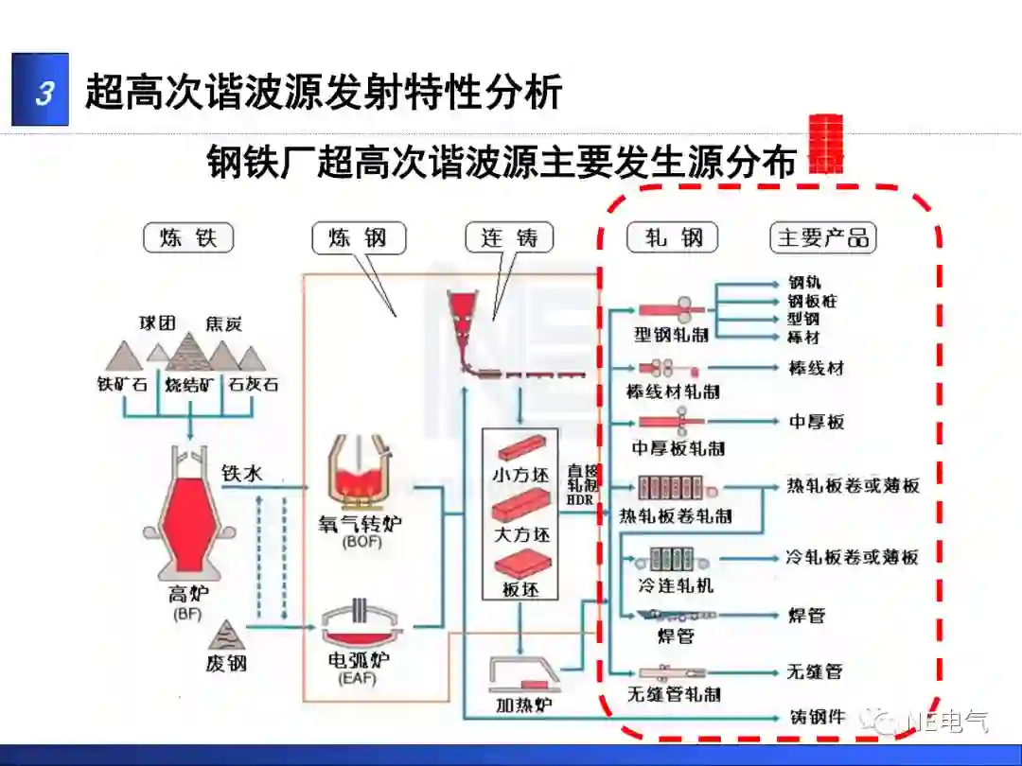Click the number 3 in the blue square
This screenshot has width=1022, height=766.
[42, 92]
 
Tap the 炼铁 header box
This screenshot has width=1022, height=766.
[189, 237]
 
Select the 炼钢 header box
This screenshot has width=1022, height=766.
[359, 237]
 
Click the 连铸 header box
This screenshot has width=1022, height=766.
[509, 237]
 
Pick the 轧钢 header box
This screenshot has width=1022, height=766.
[673, 237]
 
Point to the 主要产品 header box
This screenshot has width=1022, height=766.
[822, 237]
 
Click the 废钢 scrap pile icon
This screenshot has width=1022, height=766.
[226, 635]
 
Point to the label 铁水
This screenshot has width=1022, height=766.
[241, 474]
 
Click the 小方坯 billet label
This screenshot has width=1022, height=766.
[520, 475]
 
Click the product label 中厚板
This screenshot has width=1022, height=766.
[817, 422]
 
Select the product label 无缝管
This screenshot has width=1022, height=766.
[814, 671]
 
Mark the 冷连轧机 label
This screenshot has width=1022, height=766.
[676, 585]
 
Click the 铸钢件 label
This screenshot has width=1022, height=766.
[817, 717]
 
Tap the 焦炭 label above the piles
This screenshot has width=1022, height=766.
[223, 323]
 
